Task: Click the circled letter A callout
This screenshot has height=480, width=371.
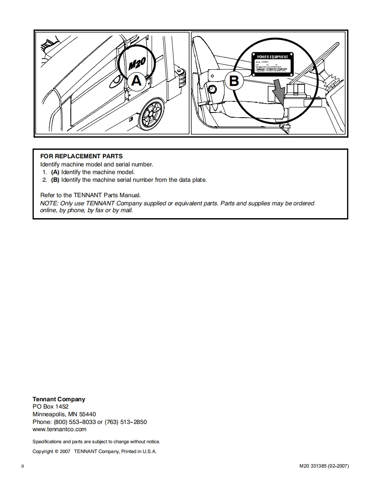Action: [136, 80]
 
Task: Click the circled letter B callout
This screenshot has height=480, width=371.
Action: [234, 80]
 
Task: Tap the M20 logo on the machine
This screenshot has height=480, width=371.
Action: [137, 65]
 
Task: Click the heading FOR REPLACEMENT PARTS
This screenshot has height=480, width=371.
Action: [81, 156]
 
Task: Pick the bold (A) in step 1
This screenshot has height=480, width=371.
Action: [55, 172]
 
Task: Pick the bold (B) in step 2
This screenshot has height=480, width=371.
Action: [55, 180]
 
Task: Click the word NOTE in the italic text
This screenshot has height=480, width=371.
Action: [48, 203]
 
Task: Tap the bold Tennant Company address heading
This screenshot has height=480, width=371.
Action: [59, 399]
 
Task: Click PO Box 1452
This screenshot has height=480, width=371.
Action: [51, 406]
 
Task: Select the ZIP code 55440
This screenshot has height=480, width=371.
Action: [87, 414]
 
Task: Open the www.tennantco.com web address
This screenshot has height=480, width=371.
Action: [60, 429]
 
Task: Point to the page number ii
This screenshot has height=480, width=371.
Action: [23, 465]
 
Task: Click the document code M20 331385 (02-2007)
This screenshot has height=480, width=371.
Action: [324, 465]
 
